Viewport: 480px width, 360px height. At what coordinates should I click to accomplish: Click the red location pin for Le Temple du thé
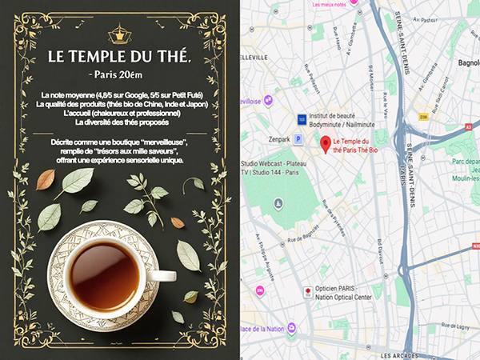(x=325, y=144)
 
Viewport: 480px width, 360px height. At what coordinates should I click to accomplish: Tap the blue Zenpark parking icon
(x=299, y=138)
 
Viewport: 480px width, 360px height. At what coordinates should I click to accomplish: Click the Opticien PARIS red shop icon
(x=306, y=291)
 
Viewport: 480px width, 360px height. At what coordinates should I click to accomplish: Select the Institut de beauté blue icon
(x=302, y=118)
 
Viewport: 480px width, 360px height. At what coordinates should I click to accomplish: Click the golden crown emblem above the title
(x=119, y=33)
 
